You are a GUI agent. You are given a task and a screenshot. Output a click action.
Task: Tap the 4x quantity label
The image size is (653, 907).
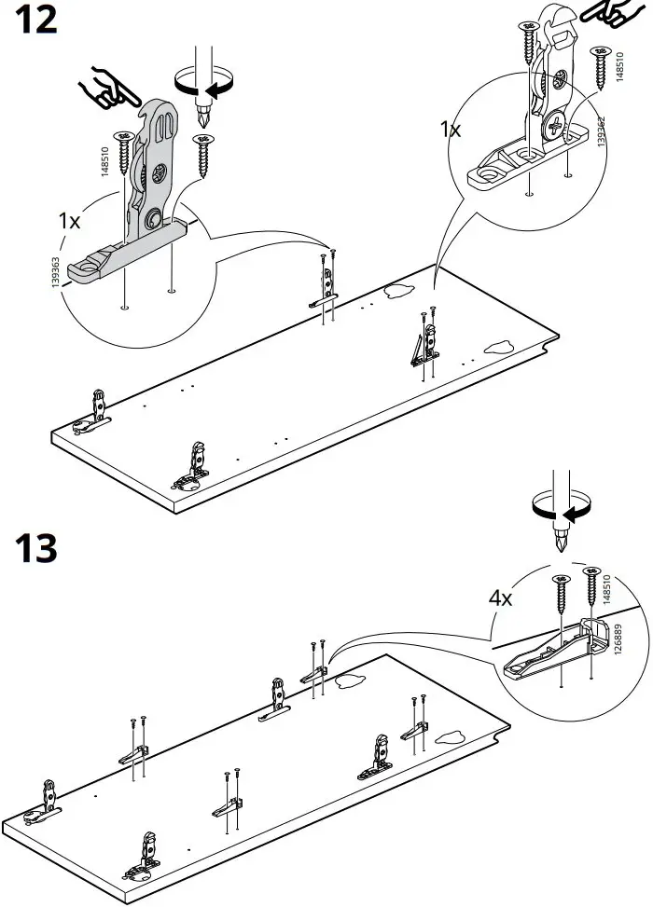pyautogui.click(x=500, y=598)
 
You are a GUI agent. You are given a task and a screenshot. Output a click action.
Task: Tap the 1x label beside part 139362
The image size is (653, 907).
pyautogui.click(x=452, y=130)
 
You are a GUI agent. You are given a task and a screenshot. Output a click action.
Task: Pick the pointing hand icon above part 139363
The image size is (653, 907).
pyautogui.click(x=106, y=89)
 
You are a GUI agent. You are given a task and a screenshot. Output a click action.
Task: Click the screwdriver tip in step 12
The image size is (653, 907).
pyautogui.click(x=202, y=120)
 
